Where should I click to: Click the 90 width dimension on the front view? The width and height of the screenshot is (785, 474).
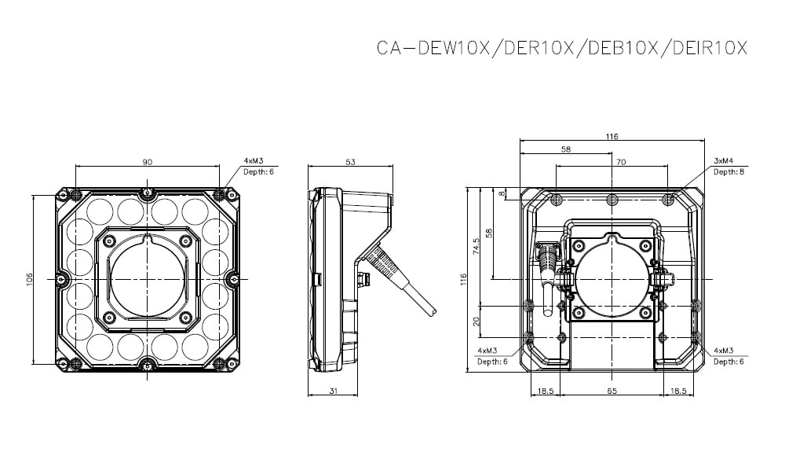(147, 161)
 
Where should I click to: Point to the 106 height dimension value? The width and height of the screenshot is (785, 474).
(29, 279)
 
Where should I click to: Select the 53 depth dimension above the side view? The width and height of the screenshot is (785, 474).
(350, 161)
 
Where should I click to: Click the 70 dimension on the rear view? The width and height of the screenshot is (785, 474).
(620, 161)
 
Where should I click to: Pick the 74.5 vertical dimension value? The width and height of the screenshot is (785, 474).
(476, 248)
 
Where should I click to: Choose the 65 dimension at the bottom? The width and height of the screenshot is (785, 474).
(612, 390)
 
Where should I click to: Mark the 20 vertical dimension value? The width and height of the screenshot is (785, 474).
(476, 322)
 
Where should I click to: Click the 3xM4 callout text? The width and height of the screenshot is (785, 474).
(723, 160)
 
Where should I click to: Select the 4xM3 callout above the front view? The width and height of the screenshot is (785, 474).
(253, 160)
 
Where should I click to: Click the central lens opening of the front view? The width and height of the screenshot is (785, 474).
(147, 279)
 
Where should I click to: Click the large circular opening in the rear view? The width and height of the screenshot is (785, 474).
(612, 279)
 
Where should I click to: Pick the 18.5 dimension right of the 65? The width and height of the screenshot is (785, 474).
(677, 390)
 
